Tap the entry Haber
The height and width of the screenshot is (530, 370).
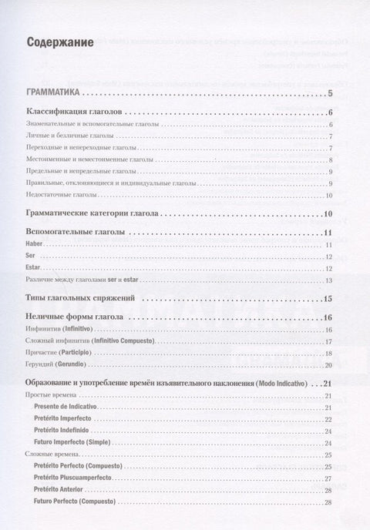click(x=35, y=244)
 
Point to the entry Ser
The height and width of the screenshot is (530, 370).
click(x=30, y=257)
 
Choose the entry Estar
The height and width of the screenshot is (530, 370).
click(x=33, y=268)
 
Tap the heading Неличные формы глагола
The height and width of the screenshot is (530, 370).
click(x=76, y=317)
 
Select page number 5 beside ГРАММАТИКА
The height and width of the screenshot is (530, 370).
click(x=329, y=94)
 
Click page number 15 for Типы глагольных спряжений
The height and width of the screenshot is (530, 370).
click(x=328, y=298)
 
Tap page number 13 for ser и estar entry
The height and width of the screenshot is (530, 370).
click(x=328, y=280)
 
